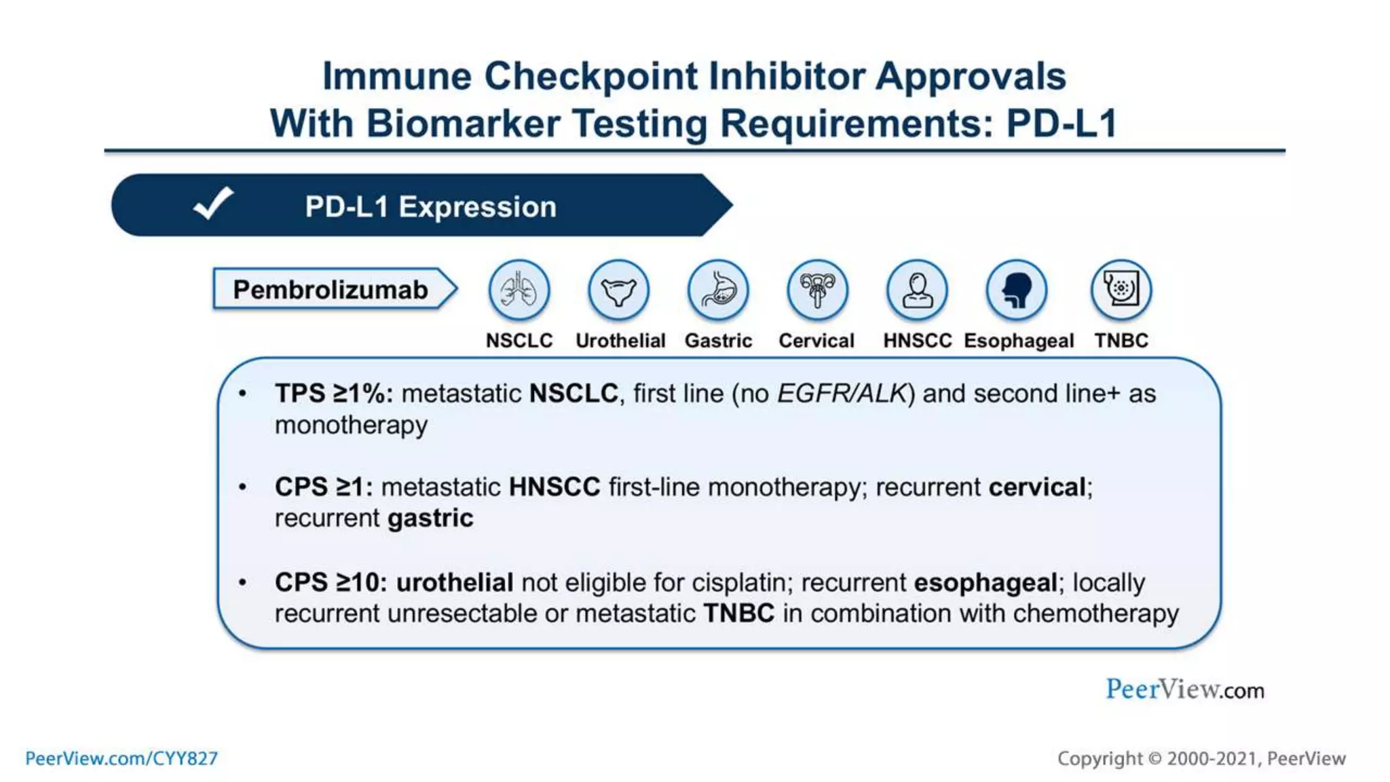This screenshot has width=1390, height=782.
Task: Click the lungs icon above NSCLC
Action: click(x=519, y=291)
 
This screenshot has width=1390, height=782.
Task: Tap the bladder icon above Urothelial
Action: click(x=618, y=291)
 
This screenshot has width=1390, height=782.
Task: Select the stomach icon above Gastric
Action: click(x=718, y=291)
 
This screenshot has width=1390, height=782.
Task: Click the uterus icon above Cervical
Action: click(x=817, y=291)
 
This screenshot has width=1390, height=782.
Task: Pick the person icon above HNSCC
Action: click(x=917, y=291)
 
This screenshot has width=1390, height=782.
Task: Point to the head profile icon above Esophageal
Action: click(x=1017, y=291)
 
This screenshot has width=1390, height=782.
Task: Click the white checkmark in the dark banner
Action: click(x=213, y=204)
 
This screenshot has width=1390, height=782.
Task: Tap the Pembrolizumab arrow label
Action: click(x=331, y=290)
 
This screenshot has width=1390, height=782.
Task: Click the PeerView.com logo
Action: click(x=1185, y=690)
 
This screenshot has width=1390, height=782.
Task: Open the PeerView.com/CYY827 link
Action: click(x=121, y=758)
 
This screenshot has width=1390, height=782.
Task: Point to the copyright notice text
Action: click(x=1201, y=758)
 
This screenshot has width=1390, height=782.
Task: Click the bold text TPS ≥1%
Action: click(x=333, y=394)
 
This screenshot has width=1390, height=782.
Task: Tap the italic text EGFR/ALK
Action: click(x=842, y=394)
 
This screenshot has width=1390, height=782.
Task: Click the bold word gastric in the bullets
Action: click(x=430, y=519)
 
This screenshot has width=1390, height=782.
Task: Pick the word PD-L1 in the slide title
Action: click(x=1061, y=124)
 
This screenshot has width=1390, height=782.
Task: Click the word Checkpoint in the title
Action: click(x=590, y=76)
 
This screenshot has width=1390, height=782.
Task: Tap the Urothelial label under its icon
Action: click(x=620, y=341)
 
